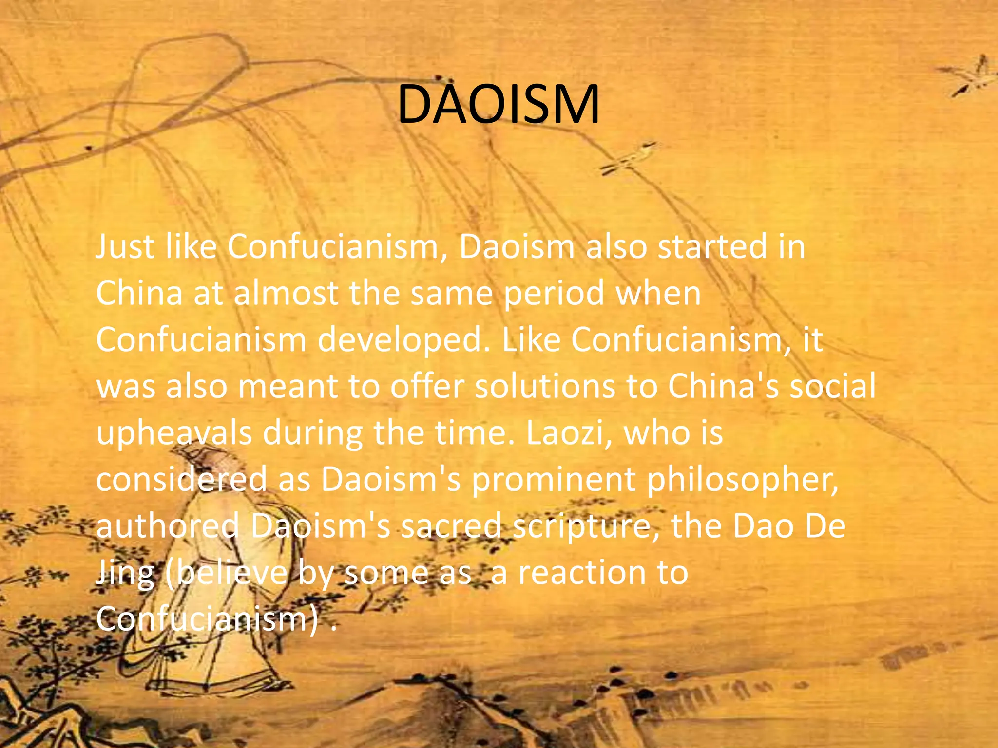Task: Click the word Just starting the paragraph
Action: [125, 247]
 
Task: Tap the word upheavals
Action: [174, 433]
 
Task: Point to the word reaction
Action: [581, 572]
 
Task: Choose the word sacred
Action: [451, 526]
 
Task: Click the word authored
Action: [167, 526]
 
